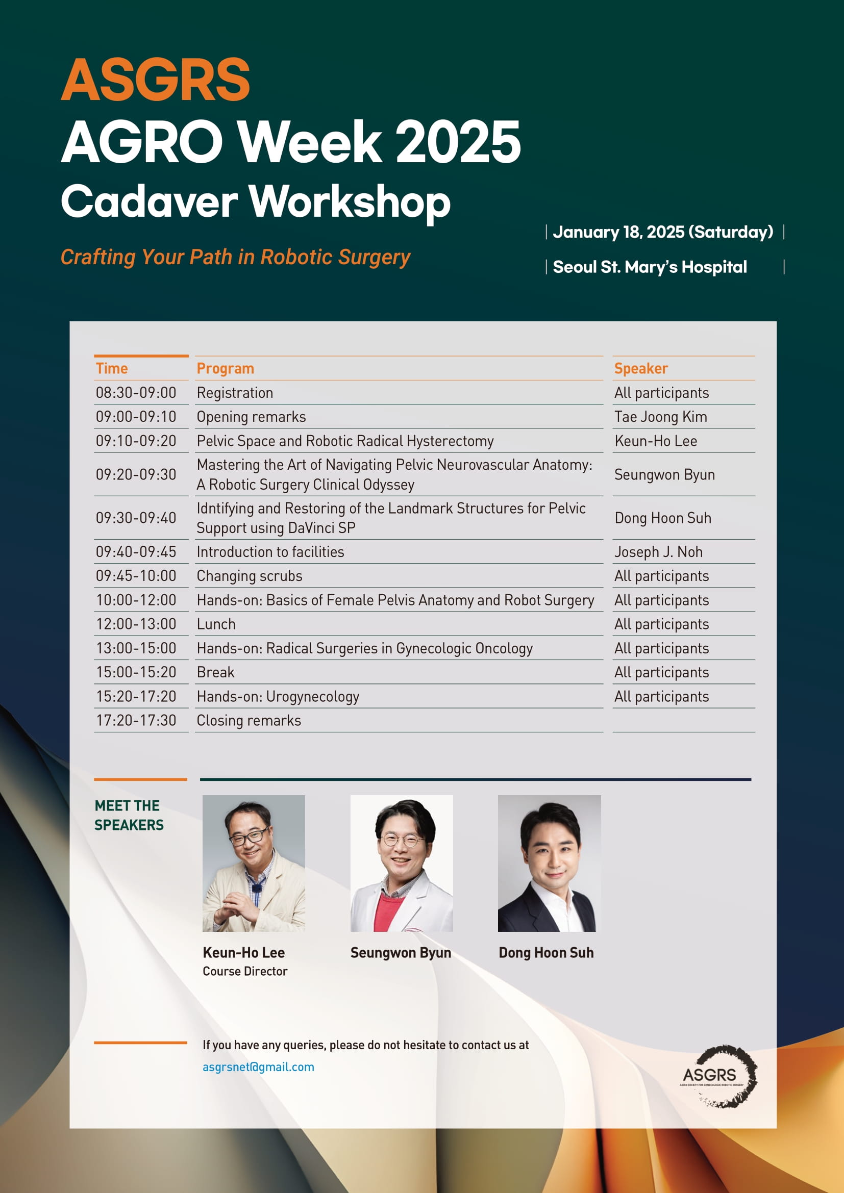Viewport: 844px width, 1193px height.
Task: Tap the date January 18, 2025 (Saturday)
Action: pos(663,232)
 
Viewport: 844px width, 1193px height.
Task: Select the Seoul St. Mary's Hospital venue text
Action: pos(650,267)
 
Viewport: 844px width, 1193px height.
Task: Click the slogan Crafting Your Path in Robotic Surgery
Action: pos(235,257)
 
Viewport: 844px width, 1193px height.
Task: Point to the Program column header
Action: pos(225,368)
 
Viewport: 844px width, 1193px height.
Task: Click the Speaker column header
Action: pos(641,368)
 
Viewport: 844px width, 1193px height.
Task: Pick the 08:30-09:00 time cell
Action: pos(136,392)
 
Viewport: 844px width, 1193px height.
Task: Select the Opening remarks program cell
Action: pos(251,417)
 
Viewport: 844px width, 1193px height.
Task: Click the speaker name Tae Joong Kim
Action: pos(660,417)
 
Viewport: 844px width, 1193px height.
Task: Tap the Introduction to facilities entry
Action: pos(270,552)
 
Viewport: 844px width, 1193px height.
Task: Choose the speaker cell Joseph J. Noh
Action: pos(658,552)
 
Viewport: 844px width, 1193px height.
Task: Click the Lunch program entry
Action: pos(216,624)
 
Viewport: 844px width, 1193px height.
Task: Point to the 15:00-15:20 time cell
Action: pos(136,672)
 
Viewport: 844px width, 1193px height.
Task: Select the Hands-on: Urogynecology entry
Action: pos(278,696)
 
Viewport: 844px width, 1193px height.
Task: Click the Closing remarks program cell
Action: pos(249,721)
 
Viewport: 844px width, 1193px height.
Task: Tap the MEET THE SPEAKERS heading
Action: pos(129,815)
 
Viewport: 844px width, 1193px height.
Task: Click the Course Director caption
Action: pos(245,971)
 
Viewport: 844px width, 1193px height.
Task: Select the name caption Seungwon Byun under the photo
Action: pos(401,952)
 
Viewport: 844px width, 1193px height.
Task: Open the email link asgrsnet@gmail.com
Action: pos(258,1067)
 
